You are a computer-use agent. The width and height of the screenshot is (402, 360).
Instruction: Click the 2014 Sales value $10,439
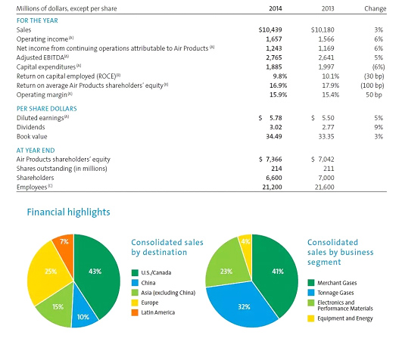[x=270, y=30]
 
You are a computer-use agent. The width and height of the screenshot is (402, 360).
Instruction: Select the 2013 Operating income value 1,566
[x=326, y=39]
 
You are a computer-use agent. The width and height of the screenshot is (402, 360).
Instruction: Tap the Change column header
[x=375, y=9]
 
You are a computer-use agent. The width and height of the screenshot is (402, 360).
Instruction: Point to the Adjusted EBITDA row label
[x=42, y=57]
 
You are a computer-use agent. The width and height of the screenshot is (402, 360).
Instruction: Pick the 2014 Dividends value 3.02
[x=276, y=127]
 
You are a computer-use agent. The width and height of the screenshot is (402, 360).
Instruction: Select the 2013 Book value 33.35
[x=326, y=136]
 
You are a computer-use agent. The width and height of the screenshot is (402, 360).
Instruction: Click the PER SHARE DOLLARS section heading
[x=47, y=109]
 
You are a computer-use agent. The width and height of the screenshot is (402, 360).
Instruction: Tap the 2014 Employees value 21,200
[x=272, y=187]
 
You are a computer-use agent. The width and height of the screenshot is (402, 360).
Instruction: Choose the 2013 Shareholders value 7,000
[x=326, y=178]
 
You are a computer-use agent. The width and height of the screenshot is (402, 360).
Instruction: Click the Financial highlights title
[x=68, y=213]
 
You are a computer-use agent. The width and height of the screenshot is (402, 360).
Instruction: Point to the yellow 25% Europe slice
[x=50, y=272]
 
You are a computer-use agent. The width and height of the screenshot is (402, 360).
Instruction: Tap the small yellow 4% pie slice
[x=246, y=246]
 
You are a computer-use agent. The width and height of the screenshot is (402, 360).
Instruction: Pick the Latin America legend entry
[x=153, y=312]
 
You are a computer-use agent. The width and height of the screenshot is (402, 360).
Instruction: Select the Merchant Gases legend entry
[x=332, y=283]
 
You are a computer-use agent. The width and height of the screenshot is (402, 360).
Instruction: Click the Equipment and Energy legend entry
[x=340, y=318]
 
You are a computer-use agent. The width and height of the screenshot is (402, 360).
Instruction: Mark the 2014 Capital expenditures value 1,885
[x=274, y=67]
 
